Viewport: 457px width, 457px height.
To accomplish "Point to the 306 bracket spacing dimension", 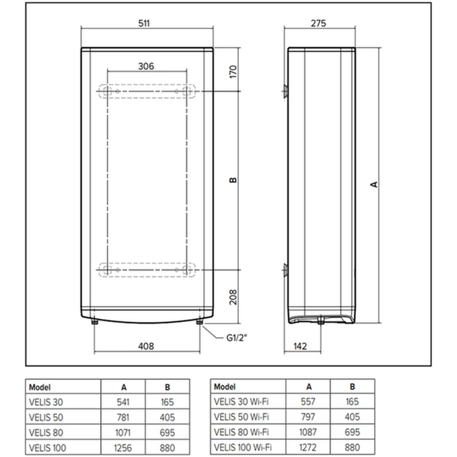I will tap(146, 66).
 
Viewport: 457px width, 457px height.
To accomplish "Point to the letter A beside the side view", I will tap(374, 184).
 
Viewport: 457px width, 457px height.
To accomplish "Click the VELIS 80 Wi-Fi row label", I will tap(242, 432).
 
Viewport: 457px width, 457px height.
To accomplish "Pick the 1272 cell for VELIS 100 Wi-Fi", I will tap(310, 447).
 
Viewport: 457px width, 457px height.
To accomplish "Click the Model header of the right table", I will tap(226, 387).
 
